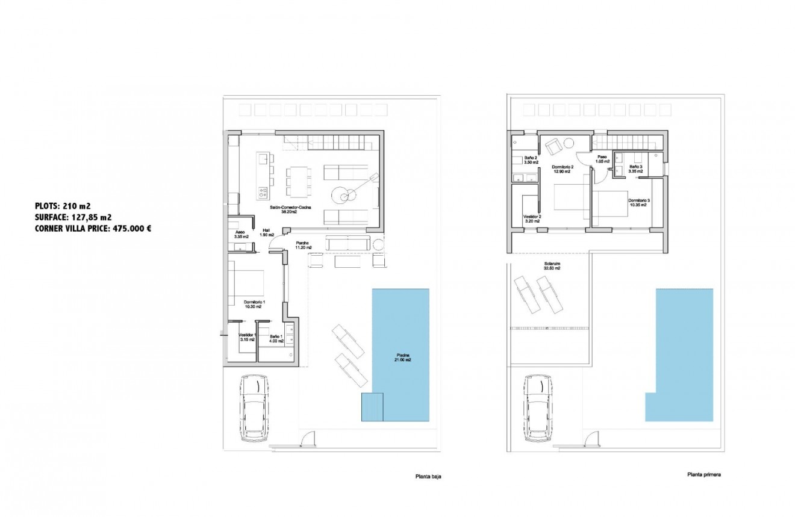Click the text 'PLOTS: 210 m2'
pyautogui.click(x=63, y=206)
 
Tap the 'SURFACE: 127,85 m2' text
pyautogui.click(x=73, y=217)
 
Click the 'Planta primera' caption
pyautogui.click(x=704, y=474)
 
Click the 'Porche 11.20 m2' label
pyautogui.click(x=303, y=245)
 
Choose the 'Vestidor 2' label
pyautogui.click(x=531, y=218)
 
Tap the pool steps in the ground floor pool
pyautogui.click(x=372, y=407)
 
